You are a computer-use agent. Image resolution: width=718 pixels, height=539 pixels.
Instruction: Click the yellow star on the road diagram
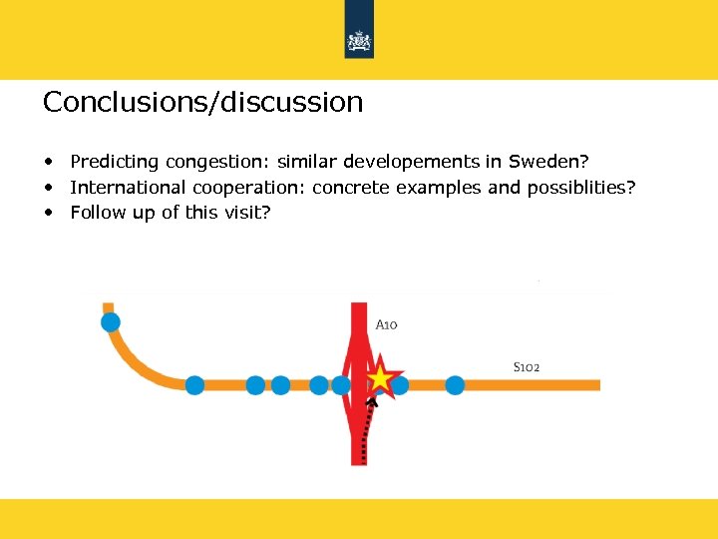click(x=381, y=379)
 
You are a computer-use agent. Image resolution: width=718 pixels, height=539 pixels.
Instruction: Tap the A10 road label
click(x=387, y=324)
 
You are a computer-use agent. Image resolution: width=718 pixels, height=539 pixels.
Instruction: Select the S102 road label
click(x=527, y=367)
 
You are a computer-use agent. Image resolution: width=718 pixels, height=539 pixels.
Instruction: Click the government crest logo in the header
click(x=359, y=41)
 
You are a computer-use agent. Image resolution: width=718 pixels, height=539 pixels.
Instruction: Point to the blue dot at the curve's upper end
click(x=111, y=321)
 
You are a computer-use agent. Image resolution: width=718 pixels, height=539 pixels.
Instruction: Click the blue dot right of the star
click(x=455, y=384)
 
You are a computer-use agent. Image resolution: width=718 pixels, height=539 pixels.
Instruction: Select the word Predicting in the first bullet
click(x=114, y=162)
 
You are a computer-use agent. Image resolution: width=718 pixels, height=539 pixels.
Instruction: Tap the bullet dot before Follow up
click(x=48, y=212)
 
